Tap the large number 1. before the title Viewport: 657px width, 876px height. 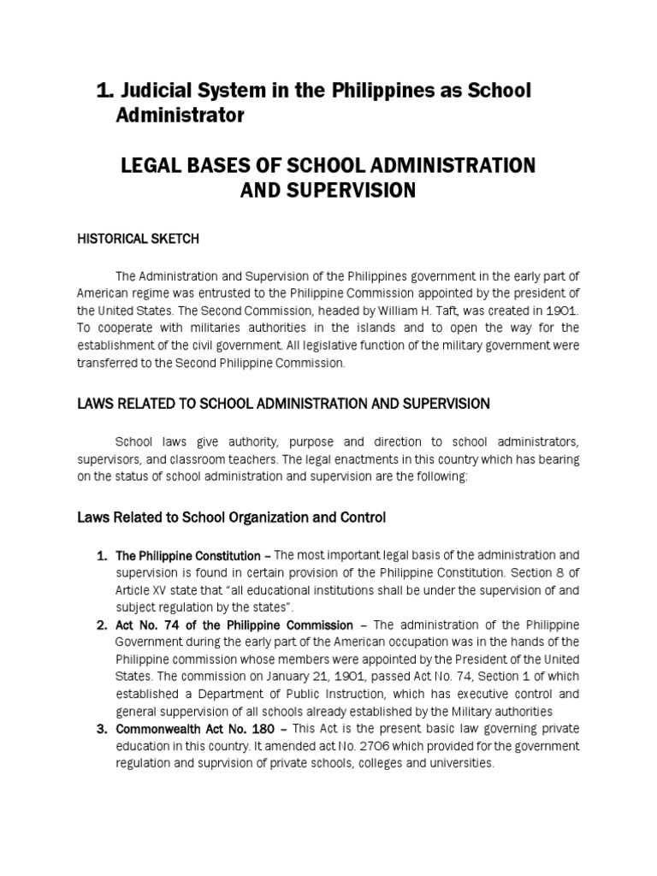[x=104, y=91]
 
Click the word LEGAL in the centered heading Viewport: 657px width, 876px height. [x=152, y=165]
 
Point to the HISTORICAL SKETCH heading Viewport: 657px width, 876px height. [x=138, y=239]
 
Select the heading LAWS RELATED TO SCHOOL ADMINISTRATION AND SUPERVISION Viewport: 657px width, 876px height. [x=283, y=403]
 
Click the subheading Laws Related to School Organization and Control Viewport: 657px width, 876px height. [x=232, y=518]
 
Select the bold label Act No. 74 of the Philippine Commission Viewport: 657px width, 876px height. [x=234, y=625]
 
